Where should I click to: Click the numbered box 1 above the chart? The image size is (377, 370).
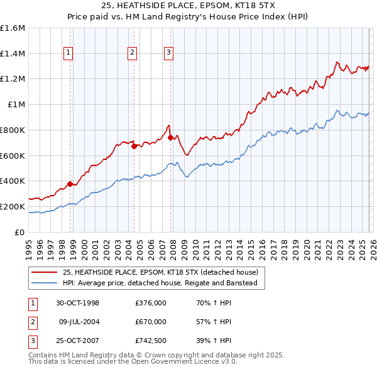click(68, 53)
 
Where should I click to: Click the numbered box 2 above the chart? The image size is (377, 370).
click(133, 53)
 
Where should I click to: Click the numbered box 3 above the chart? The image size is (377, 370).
click(169, 53)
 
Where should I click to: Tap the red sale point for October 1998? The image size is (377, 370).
click(71, 184)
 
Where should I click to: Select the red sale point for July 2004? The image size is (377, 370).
click(134, 147)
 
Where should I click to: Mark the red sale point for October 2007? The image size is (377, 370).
click(171, 137)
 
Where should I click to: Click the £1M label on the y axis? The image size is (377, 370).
click(17, 105)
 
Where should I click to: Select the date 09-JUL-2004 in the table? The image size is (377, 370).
click(79, 322)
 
